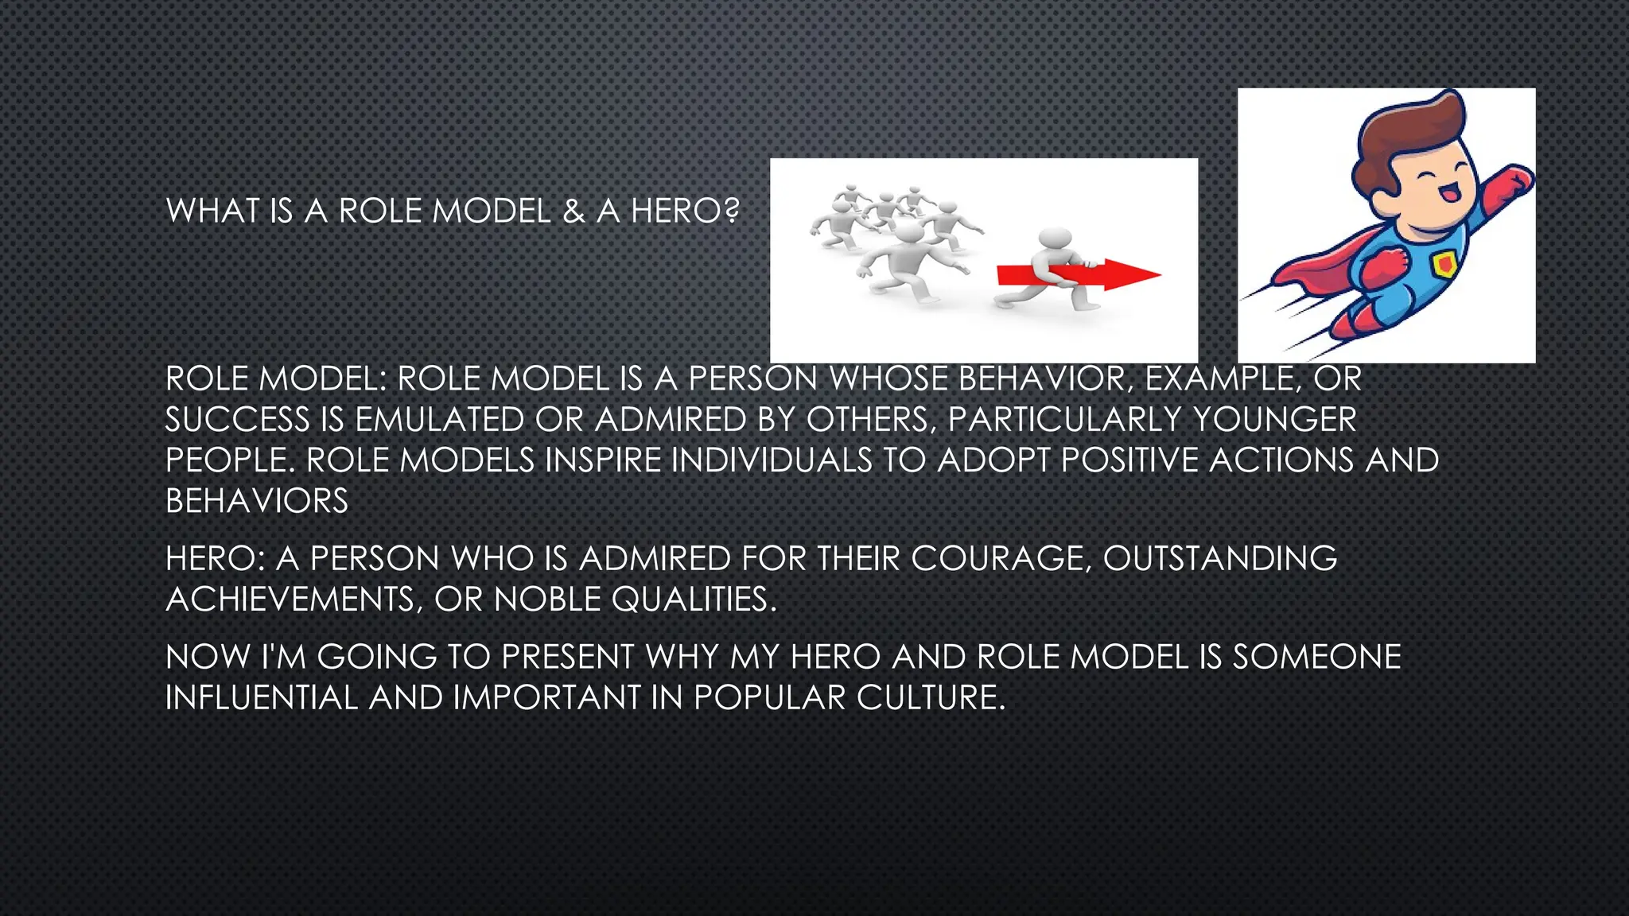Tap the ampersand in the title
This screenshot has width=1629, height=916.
[573, 211]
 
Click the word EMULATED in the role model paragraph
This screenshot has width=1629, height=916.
[440, 420]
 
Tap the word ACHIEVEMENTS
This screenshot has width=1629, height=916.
[290, 600]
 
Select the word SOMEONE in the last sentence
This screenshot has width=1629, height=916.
[1316, 657]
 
